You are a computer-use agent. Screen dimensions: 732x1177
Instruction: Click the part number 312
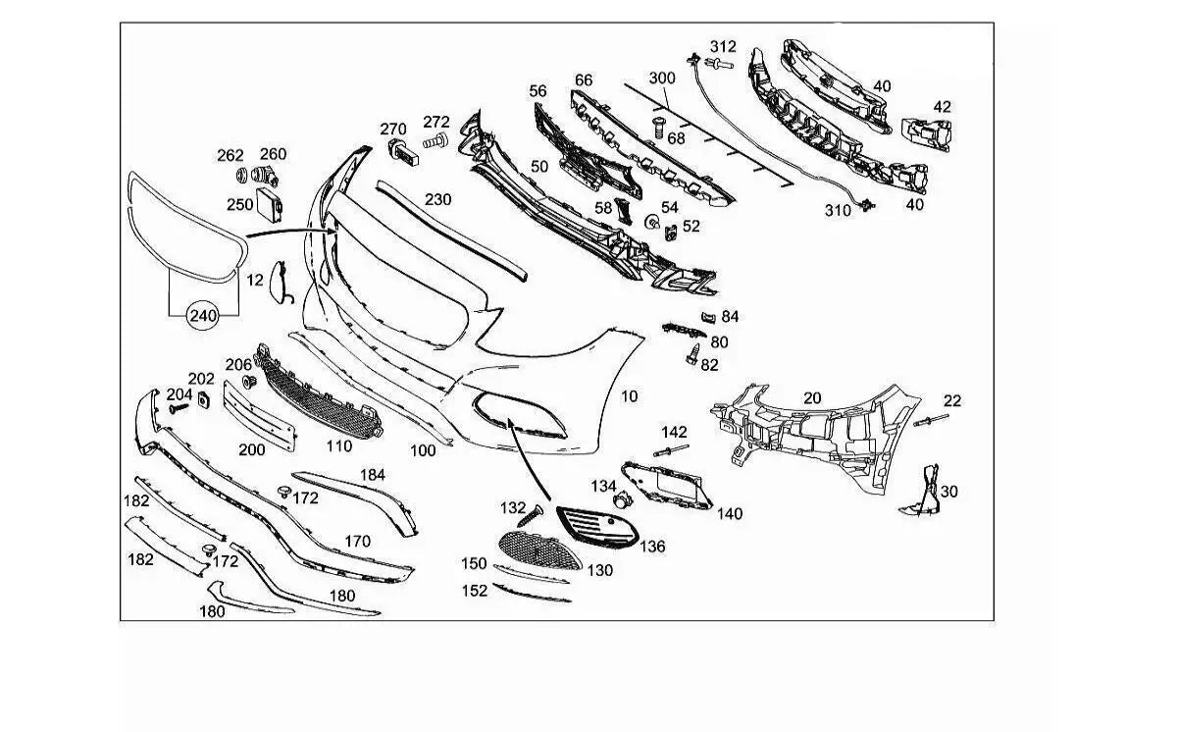pyautogui.click(x=723, y=46)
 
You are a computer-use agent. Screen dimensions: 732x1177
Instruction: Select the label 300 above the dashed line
pyautogui.click(x=662, y=78)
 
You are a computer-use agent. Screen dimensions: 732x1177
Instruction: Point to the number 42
pyautogui.click(x=942, y=107)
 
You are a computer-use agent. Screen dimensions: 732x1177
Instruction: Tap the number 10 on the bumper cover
pyautogui.click(x=629, y=396)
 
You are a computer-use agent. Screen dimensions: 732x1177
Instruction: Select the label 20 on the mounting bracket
pyautogui.click(x=812, y=397)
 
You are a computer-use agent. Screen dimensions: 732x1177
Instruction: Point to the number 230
pyautogui.click(x=437, y=199)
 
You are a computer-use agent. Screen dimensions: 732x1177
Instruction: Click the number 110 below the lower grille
pyautogui.click(x=338, y=445)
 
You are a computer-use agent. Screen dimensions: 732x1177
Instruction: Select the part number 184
pyautogui.click(x=372, y=475)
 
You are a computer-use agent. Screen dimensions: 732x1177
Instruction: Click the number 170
pyautogui.click(x=357, y=541)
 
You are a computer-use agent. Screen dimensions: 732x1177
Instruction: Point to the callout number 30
pyautogui.click(x=948, y=492)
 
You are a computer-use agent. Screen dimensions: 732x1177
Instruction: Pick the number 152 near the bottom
pyautogui.click(x=475, y=591)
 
